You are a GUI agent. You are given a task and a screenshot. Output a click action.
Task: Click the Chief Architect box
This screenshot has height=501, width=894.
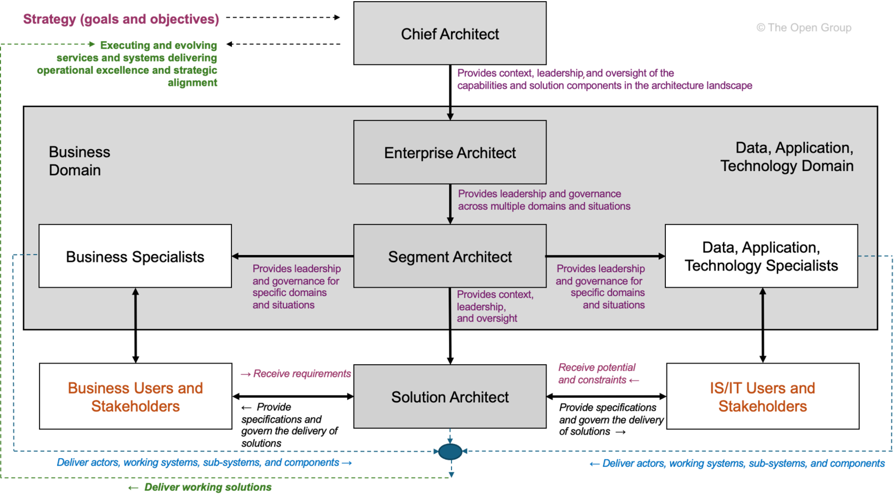449,34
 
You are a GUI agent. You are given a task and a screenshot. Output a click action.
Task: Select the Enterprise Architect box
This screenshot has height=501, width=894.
449,152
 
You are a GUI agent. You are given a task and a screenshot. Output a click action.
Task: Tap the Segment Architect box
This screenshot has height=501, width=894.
449,256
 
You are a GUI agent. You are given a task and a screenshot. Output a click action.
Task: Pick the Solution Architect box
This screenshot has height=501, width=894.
449,397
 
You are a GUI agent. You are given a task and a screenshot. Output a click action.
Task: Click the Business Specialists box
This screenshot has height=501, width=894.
135,256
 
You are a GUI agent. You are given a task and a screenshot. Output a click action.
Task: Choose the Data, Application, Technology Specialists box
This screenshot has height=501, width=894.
761,256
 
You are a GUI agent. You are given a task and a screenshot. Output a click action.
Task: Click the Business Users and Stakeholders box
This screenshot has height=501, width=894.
135,397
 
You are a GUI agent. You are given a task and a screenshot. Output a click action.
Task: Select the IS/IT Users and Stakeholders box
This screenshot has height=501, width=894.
763,397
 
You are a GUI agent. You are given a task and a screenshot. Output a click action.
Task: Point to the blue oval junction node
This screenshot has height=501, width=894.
450,452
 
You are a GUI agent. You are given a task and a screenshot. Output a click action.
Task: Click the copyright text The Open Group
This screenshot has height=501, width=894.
804,28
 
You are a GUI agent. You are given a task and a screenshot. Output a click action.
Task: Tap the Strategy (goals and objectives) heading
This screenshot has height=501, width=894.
121,19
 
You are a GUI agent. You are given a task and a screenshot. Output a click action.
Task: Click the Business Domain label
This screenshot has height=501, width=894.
79,161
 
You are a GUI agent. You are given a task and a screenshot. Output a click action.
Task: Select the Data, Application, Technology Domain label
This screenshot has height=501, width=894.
787,157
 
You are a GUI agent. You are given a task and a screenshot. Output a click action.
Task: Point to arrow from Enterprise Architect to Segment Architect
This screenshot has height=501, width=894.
450,204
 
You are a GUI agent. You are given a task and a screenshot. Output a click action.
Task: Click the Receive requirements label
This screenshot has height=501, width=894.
297,374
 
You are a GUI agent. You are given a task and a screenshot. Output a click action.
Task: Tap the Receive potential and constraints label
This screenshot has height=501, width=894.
598,374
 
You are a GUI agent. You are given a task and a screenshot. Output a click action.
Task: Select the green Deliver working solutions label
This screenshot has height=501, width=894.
201,487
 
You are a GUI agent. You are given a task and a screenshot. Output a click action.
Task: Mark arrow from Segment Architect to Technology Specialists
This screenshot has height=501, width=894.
605,256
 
